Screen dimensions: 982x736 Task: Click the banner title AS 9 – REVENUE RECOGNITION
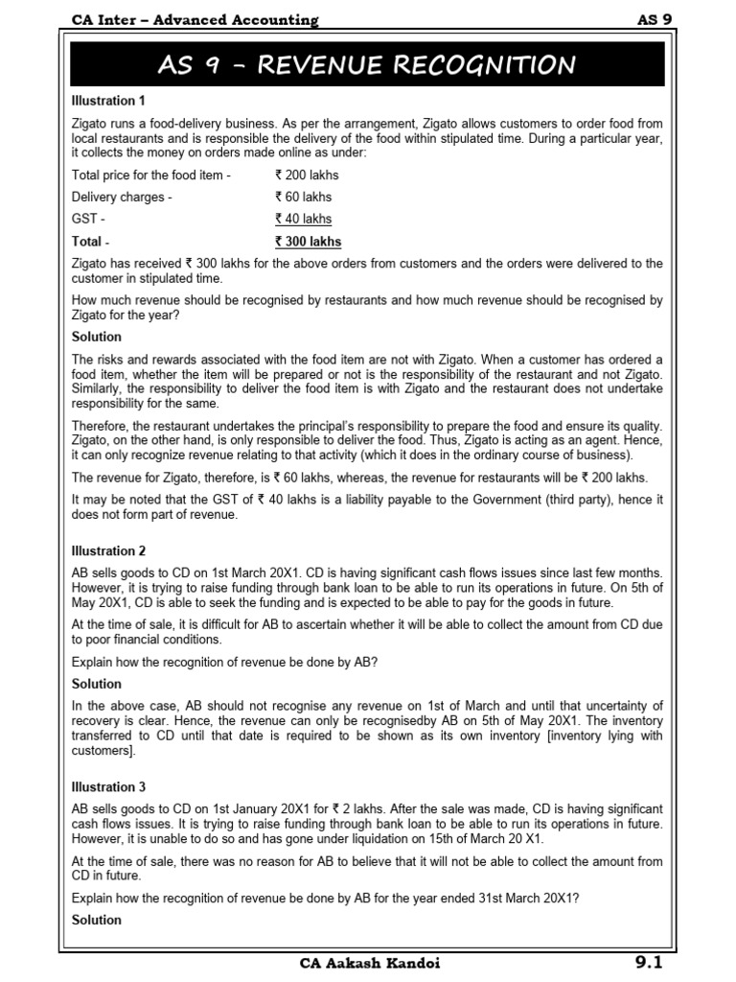pyautogui.click(x=368, y=66)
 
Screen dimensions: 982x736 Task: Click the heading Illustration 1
pyautogui.click(x=109, y=100)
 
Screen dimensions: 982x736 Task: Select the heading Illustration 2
pyautogui.click(x=109, y=550)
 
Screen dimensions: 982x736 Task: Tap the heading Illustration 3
pyautogui.click(x=109, y=787)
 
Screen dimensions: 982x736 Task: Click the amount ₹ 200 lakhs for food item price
pyautogui.click(x=307, y=175)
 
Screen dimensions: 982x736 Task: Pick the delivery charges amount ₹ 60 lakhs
pyautogui.click(x=303, y=197)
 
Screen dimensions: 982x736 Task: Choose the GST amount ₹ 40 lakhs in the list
pyautogui.click(x=303, y=219)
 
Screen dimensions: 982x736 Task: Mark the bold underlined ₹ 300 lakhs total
pyautogui.click(x=308, y=242)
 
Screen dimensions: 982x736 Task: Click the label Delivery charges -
pyautogui.click(x=122, y=197)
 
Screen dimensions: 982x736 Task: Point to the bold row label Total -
pyautogui.click(x=91, y=242)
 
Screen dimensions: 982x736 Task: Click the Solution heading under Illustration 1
pyautogui.click(x=97, y=337)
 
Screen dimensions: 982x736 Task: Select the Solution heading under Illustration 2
pyautogui.click(x=97, y=684)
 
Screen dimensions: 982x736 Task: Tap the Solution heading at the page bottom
pyautogui.click(x=97, y=920)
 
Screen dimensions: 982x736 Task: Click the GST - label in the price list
pyautogui.click(x=88, y=219)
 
